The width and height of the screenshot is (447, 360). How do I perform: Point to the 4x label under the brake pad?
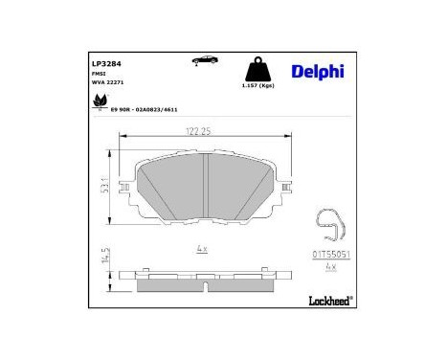coord(200,249)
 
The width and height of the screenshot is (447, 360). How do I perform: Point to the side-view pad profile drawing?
coord(202,276)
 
